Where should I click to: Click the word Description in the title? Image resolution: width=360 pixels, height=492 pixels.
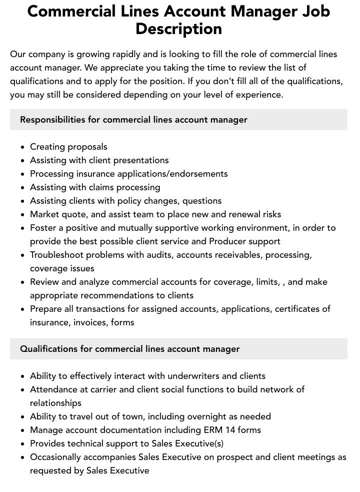[178, 29]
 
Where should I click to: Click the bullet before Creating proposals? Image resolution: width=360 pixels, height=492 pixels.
[23, 147]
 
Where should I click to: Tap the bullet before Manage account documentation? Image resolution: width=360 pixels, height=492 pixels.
[23, 430]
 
